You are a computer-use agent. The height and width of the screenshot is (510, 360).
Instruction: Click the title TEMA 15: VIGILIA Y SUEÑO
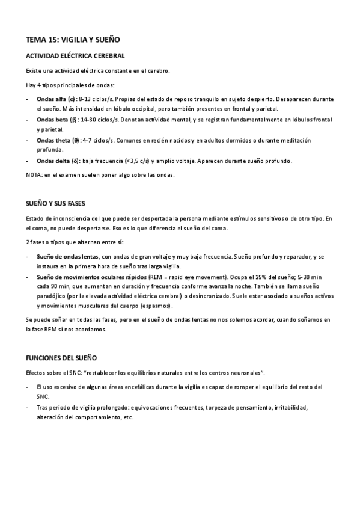point(73,40)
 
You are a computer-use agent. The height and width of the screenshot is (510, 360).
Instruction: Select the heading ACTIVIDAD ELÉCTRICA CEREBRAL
point(75,56)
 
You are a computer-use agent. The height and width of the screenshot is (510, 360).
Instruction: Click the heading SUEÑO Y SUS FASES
point(58,203)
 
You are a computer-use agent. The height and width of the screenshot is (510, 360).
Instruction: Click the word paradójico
point(52,298)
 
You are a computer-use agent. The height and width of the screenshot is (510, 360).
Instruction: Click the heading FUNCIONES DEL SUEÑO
point(62,358)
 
